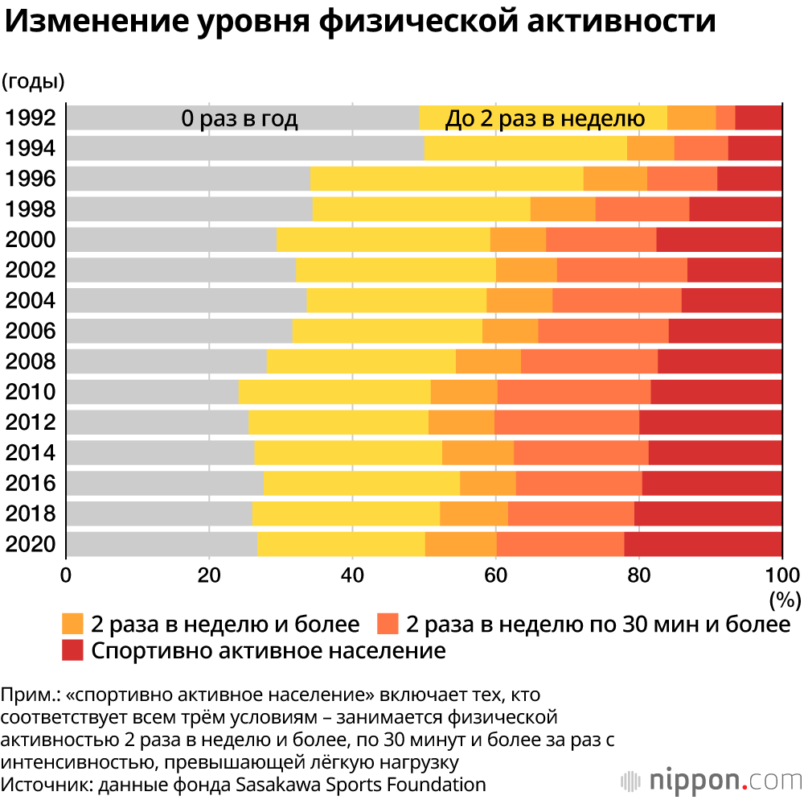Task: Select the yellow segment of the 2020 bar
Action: coord(341,544)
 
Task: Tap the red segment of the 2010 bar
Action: coord(716,392)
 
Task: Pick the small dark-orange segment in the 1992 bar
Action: coord(725,118)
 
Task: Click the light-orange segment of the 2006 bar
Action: coord(510,331)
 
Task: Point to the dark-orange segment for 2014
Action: coord(580,453)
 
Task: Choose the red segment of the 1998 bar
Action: coord(735,209)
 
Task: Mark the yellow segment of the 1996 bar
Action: coord(446,179)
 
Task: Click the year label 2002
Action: coord(31,270)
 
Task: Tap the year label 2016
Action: coord(31,484)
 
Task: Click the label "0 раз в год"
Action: coord(240,119)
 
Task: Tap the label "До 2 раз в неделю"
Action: coord(545,119)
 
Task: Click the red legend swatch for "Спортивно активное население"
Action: coord(73,650)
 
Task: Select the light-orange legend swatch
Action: coord(73,624)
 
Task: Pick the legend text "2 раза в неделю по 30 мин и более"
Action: coord(597,624)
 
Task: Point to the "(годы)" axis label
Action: coord(33,80)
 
